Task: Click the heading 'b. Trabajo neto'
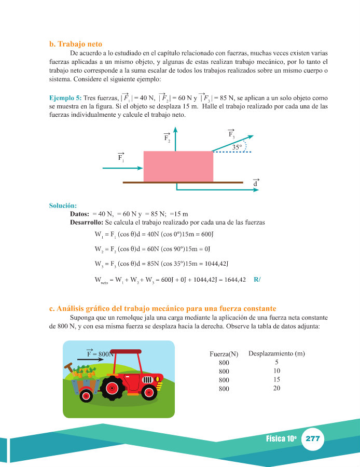pyautogui.click(x=79, y=44)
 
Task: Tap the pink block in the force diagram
pyautogui.click(x=178, y=166)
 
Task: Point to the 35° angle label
pyautogui.click(x=237, y=147)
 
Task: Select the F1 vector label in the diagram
pyautogui.click(x=121, y=157)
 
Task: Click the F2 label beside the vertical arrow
pyautogui.click(x=167, y=138)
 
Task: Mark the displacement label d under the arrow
pyautogui.click(x=255, y=184)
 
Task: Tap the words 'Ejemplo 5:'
pyautogui.click(x=65, y=98)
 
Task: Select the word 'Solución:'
pyautogui.click(x=63, y=205)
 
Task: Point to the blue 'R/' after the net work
pyautogui.click(x=257, y=280)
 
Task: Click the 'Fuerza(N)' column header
pyautogui.click(x=224, y=354)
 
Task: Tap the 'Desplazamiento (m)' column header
pyautogui.click(x=276, y=354)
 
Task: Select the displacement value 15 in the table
pyautogui.click(x=276, y=379)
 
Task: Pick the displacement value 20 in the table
pyautogui.click(x=276, y=388)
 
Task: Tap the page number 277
pyautogui.click(x=312, y=438)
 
